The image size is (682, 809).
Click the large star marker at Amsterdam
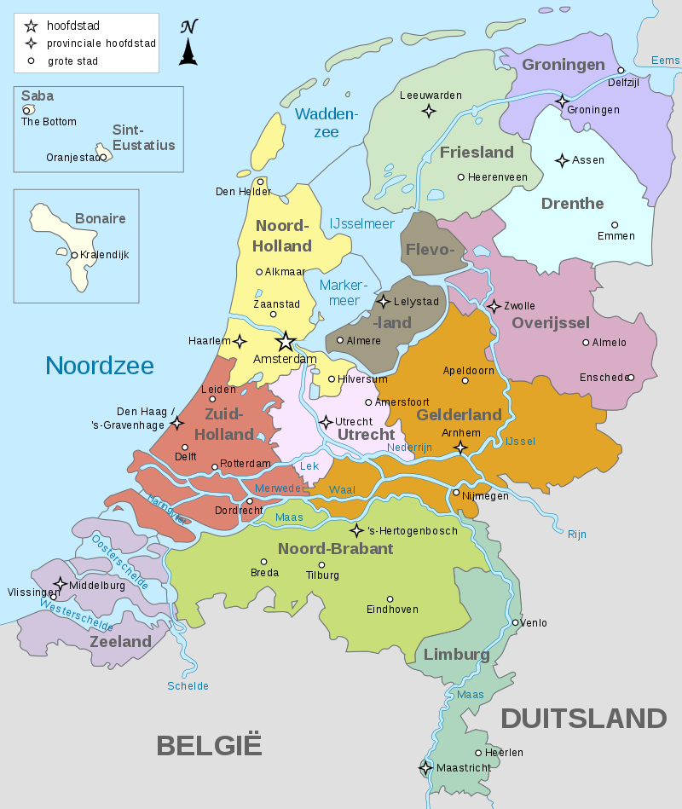pos(286,341)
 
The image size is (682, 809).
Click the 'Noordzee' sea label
pos(100,366)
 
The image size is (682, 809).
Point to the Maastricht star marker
pos(425,768)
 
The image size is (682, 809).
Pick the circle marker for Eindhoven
pos(390,599)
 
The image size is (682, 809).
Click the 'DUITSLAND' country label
pos(583,718)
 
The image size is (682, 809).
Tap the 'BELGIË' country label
pos(209,745)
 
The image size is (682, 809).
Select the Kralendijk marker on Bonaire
pos(74,255)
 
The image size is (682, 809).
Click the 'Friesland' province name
pos(477,153)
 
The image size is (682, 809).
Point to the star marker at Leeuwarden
pos(429,111)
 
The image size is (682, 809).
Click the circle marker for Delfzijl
pos(621,71)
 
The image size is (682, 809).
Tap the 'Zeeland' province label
pos(120,641)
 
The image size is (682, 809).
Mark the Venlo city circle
pos(516,622)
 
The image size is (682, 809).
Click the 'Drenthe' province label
pos(572,204)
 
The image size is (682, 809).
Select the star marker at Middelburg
pos(60,585)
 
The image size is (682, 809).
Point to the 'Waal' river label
pos(342,489)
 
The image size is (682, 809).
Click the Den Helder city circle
pos(261,181)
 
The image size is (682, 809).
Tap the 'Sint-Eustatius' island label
pos(143,137)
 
